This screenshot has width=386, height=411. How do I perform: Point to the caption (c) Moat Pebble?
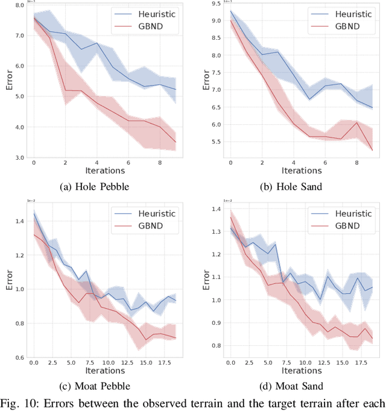click(x=96, y=386)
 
